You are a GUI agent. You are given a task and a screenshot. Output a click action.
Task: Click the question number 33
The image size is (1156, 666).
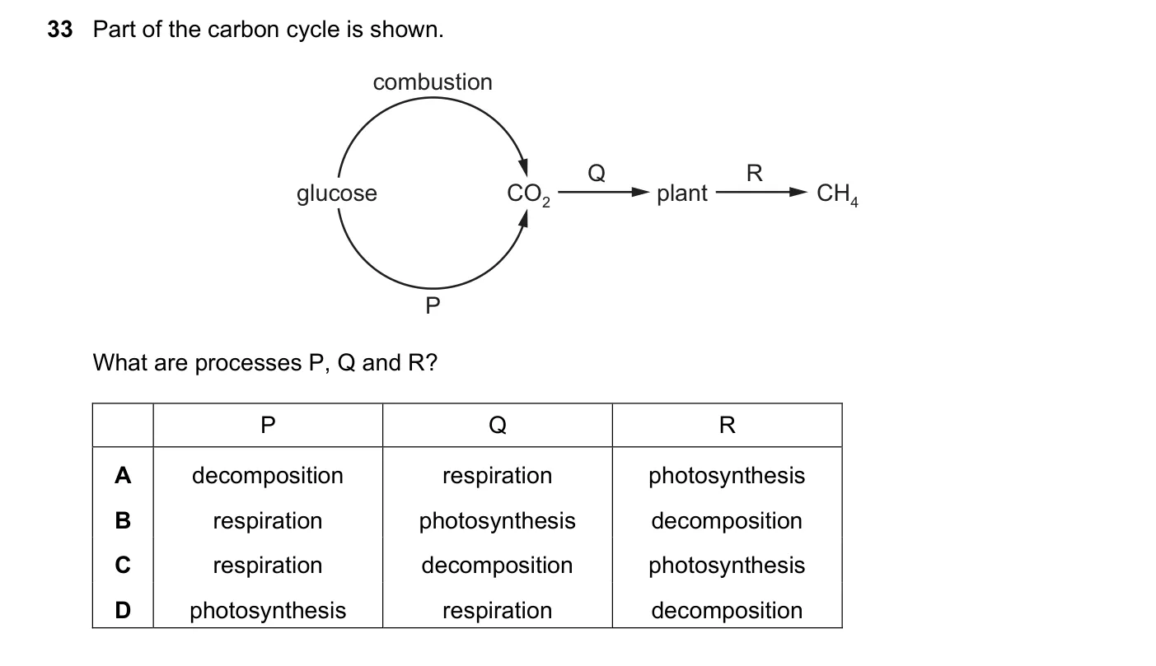point(60,30)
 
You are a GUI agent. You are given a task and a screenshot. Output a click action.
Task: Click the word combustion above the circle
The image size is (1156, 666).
point(433,82)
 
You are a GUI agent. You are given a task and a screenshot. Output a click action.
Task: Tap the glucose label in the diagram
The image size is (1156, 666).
point(336,193)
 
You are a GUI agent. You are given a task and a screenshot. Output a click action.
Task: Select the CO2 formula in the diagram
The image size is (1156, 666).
point(528,194)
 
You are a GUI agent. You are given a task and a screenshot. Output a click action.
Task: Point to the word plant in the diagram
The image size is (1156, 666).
point(681,193)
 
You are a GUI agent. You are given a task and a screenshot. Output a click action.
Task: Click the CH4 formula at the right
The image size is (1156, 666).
point(837,194)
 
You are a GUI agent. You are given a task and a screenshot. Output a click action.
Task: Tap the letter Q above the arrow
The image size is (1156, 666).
point(596,173)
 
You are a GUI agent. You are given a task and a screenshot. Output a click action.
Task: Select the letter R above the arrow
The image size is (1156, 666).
point(754,173)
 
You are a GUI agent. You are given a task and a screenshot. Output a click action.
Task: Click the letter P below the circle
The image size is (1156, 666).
point(433,305)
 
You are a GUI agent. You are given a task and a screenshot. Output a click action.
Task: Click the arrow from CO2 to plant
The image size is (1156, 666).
point(603,193)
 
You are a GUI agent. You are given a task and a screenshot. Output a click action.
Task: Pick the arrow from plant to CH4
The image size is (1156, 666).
point(761,193)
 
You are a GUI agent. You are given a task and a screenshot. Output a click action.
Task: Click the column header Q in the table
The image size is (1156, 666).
point(498,426)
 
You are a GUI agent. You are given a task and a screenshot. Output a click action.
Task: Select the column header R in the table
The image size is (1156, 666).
point(728,426)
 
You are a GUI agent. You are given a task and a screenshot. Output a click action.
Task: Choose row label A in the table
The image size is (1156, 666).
point(123,475)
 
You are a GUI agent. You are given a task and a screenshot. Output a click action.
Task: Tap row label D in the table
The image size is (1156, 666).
point(123,610)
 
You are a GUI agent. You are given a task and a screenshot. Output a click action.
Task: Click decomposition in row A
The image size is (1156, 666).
point(267,476)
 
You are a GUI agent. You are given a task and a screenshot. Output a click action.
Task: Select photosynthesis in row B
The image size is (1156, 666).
point(497,521)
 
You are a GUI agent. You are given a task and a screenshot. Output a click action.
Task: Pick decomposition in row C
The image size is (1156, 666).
point(497,566)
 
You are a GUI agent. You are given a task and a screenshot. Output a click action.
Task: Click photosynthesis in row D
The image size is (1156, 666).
point(267,611)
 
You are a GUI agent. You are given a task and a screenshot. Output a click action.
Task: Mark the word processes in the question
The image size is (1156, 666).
point(248,363)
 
